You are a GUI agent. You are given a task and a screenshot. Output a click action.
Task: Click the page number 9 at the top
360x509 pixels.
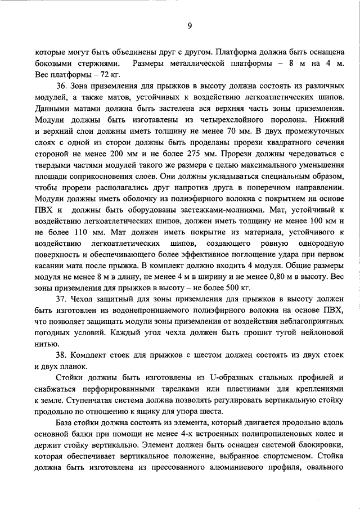(x=190, y=25)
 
